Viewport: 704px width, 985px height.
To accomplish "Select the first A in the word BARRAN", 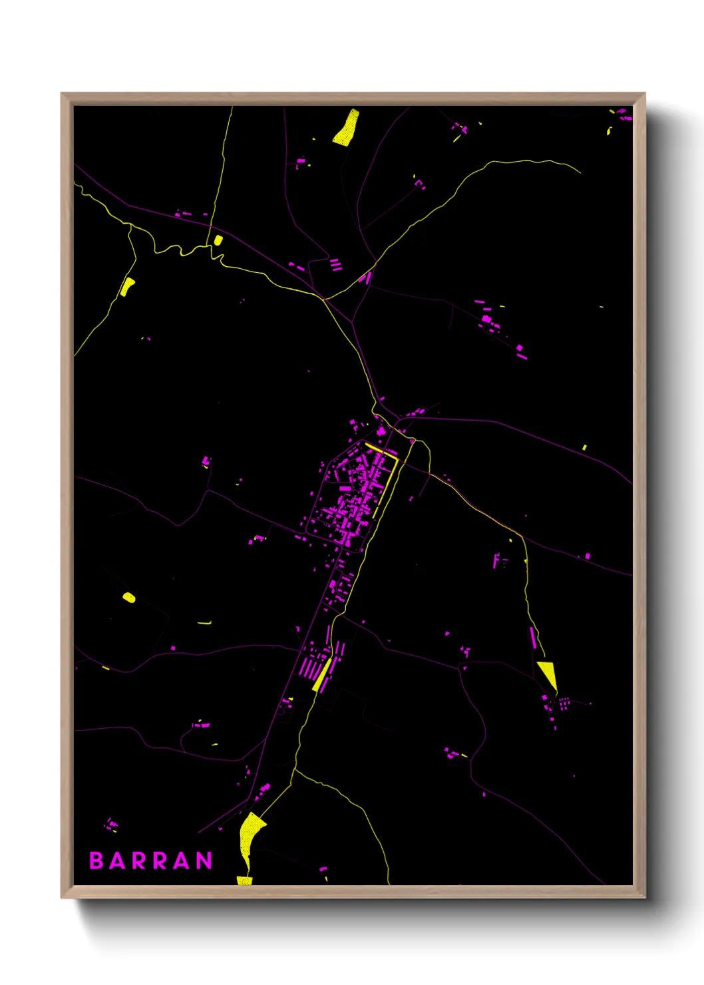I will [x=116, y=861].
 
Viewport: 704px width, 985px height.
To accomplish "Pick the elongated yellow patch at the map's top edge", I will [x=346, y=127].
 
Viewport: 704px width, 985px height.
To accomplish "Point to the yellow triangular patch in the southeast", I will [x=548, y=674].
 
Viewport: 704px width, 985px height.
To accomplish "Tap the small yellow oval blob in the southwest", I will [x=129, y=598].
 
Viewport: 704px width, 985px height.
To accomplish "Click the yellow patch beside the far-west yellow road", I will [x=126, y=286].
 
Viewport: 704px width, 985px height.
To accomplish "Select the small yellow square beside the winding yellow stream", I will [x=218, y=240].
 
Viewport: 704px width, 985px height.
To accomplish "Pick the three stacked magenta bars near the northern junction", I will [x=336, y=265].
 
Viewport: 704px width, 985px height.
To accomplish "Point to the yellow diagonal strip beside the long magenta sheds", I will [x=322, y=675].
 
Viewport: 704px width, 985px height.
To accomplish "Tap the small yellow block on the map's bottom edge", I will [x=245, y=881].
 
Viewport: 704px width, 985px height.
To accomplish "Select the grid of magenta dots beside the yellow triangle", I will [x=563, y=702].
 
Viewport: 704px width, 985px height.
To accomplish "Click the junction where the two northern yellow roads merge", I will [x=324, y=299].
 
